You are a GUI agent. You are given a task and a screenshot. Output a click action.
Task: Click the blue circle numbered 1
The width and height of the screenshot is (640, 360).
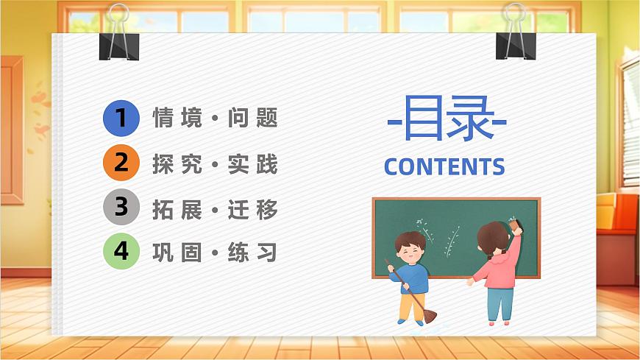click(121, 119)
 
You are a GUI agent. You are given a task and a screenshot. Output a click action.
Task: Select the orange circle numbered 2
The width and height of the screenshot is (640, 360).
click(121, 163)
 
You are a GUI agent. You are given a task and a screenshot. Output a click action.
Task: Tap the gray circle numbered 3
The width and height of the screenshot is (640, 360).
click(121, 208)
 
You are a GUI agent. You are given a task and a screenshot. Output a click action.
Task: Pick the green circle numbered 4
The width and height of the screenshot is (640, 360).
click(121, 252)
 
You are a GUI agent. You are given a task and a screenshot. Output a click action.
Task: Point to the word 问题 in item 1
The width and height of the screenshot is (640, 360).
click(253, 119)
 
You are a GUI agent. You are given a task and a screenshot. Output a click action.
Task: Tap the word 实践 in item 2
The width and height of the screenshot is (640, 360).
click(253, 163)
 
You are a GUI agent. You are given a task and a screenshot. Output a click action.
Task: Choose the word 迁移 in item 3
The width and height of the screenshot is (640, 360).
click(253, 209)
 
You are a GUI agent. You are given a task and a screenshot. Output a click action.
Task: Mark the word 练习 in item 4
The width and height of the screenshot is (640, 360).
click(253, 253)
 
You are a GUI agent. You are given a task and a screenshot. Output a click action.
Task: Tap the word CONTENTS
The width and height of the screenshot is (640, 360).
click(444, 167)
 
